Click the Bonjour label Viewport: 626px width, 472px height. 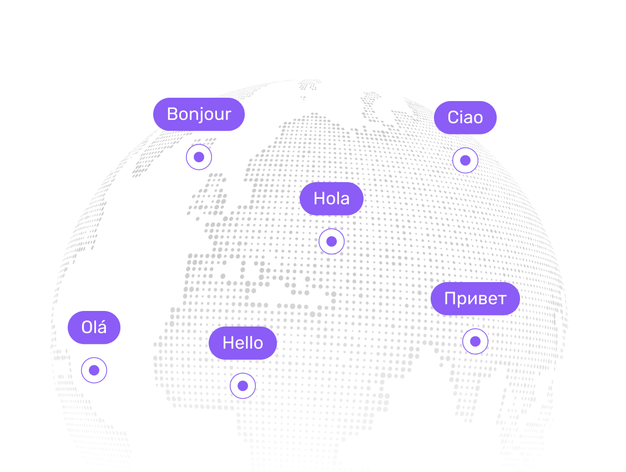[x=199, y=114]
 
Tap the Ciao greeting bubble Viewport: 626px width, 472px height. [x=465, y=118]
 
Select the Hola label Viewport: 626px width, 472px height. [x=331, y=199]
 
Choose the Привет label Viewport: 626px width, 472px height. [x=475, y=299]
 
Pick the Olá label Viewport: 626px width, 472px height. [x=94, y=328]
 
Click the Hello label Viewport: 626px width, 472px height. [x=243, y=343]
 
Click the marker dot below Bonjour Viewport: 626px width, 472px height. [x=199, y=157]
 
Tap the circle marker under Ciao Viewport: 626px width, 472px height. [x=465, y=160]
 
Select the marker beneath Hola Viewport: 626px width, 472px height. [x=331, y=242]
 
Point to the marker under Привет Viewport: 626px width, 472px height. [x=475, y=342]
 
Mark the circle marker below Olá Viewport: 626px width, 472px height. [x=94, y=370]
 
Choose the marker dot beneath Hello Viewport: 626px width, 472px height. [x=243, y=386]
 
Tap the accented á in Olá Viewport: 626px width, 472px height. [x=102, y=328]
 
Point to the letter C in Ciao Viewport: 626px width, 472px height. [x=453, y=118]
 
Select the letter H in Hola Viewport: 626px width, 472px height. [x=319, y=199]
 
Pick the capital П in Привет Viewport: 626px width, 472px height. [x=450, y=299]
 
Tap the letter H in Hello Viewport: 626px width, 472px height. [x=228, y=343]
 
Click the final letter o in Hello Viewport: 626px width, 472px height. [x=258, y=344]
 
